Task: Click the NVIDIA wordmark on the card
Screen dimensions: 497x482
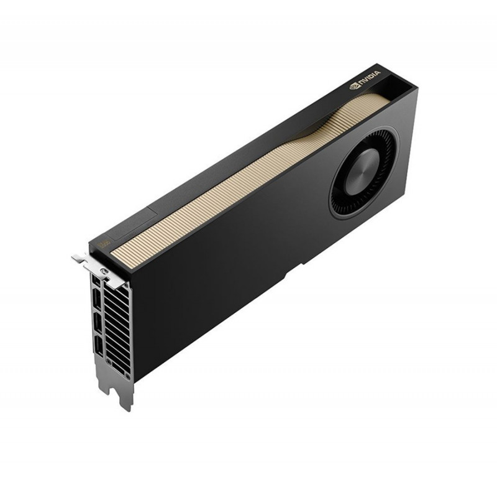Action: (369, 77)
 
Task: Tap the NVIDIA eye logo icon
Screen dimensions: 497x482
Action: (353, 86)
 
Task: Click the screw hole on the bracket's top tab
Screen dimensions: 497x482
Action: (102, 271)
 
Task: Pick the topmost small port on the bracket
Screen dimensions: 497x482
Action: (94, 279)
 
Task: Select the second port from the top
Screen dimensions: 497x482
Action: (97, 299)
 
